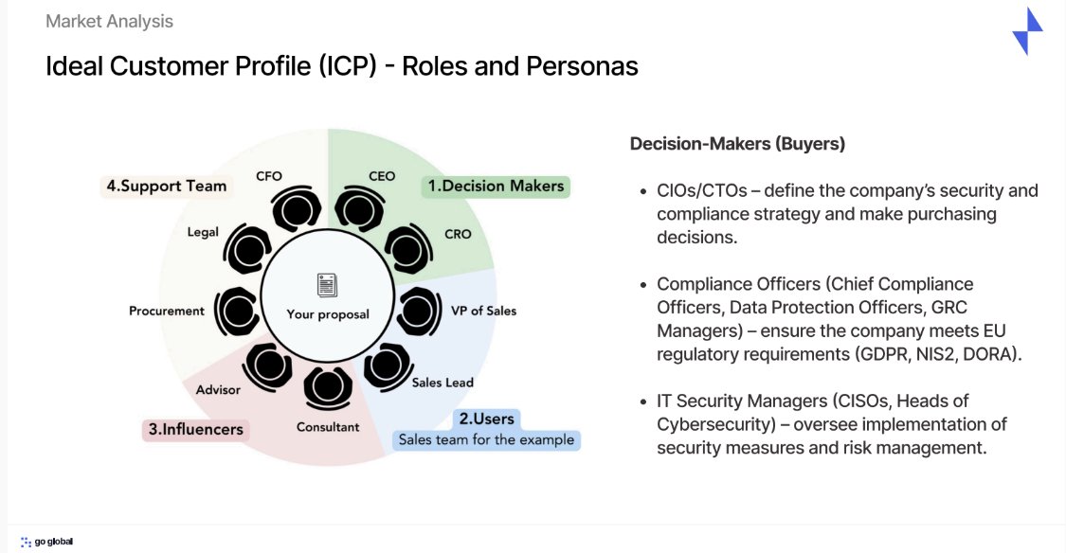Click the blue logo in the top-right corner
pos(1028,31)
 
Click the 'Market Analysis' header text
pos(109,21)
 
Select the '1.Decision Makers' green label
pos(496,187)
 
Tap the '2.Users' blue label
pos(486,419)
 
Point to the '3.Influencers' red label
pos(195,430)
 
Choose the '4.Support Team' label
pos(167,186)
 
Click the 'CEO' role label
pos(382,176)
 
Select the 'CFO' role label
pos(269,176)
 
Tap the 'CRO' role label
pos(458,234)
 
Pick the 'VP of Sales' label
pos(483,311)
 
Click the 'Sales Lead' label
pos(443,383)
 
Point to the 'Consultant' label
pos(328,427)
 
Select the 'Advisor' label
pos(218,389)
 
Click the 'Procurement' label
pos(167,311)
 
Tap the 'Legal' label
pos(203,231)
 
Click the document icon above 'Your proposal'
pos(328,284)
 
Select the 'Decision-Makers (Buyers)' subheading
pos(737,144)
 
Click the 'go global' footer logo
pos(47,542)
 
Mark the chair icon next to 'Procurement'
pos(236,311)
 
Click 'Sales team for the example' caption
pos(486,440)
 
